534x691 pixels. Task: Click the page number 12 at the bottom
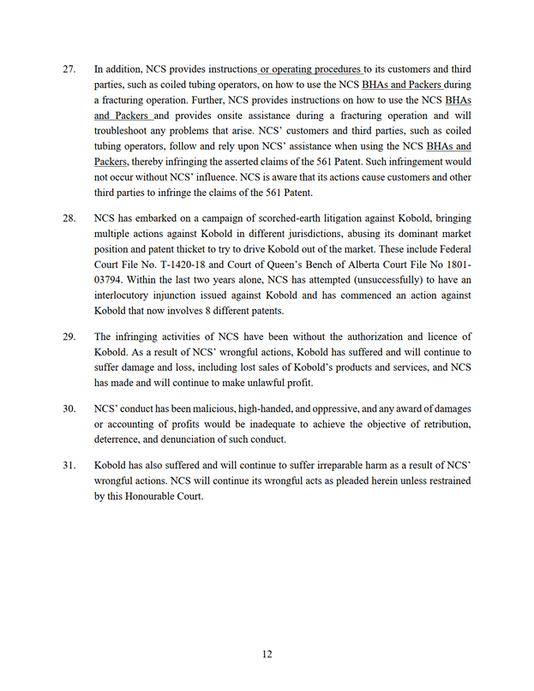pyautogui.click(x=267, y=654)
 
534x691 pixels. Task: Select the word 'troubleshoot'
pyautogui.click(x=125, y=131)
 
